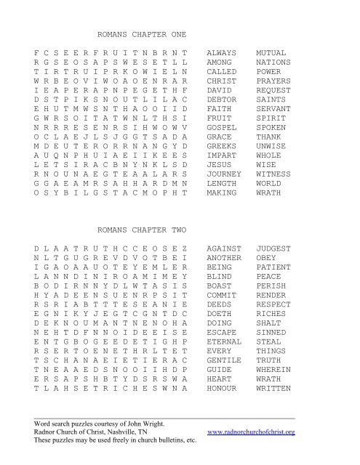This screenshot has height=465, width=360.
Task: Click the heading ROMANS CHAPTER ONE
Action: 142,34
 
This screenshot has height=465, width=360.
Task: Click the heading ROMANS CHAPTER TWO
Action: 142,228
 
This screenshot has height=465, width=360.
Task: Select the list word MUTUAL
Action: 271,54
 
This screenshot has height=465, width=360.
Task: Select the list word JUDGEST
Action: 273,248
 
